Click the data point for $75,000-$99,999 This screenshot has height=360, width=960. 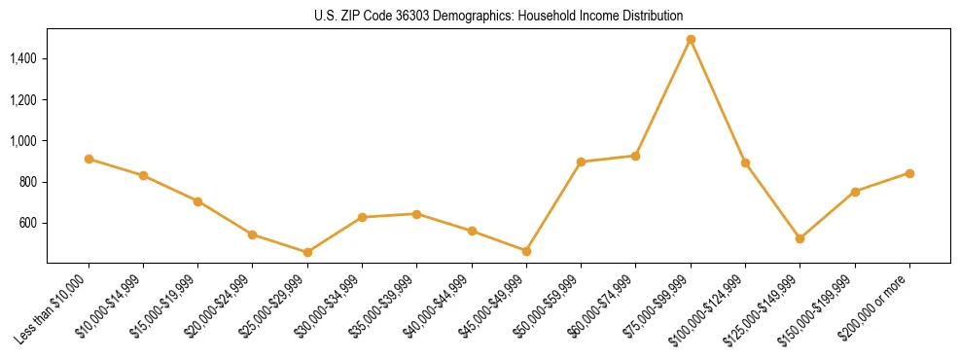click(691, 40)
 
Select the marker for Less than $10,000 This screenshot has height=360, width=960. click(89, 159)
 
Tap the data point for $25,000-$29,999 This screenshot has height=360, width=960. click(307, 252)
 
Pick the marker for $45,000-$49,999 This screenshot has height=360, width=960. click(526, 251)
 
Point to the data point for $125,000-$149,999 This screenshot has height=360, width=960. click(800, 238)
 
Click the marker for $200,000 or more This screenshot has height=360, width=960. click(909, 173)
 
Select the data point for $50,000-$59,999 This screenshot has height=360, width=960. click(581, 162)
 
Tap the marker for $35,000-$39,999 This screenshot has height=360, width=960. click(416, 214)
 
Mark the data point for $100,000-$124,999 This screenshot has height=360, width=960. click(745, 162)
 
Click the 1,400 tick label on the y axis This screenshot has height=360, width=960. click(22, 59)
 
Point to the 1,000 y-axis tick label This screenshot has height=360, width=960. click(22, 141)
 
